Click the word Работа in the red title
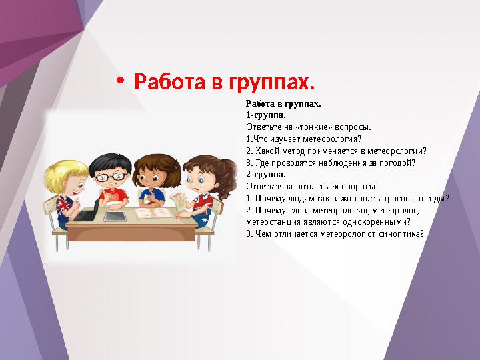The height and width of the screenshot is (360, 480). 171,83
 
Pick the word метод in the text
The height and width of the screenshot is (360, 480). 295,151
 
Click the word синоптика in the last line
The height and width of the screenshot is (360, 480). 397,234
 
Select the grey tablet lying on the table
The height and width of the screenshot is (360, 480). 115,216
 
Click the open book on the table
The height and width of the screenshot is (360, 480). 154,213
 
